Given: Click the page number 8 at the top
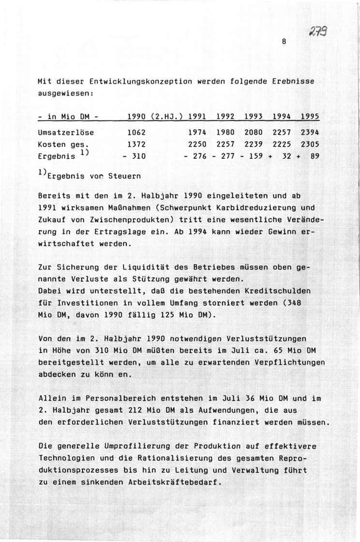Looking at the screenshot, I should [285, 42].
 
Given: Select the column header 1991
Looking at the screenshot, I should [196, 117].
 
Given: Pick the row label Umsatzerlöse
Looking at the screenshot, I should [66, 132].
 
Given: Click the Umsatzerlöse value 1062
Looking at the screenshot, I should [136, 132].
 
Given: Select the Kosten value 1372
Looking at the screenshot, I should [136, 144].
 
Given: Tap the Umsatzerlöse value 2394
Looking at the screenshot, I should [311, 132].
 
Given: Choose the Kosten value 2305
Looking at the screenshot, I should [311, 144].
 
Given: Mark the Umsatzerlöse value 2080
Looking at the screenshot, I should [254, 132].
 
